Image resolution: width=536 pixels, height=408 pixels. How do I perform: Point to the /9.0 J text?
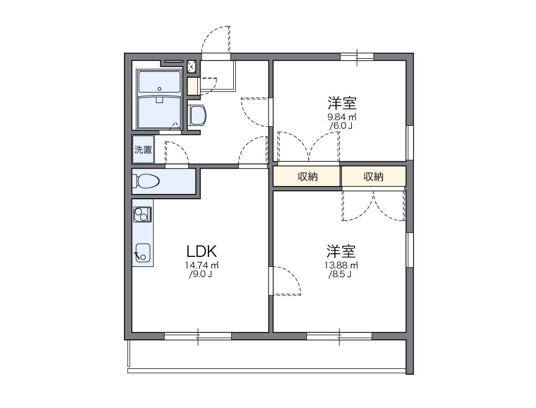(x=200, y=274)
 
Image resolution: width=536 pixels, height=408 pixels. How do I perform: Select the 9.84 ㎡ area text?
(x=342, y=117)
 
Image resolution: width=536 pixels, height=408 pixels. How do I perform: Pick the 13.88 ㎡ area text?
(x=342, y=265)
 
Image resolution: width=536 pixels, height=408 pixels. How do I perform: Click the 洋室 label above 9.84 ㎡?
(x=341, y=103)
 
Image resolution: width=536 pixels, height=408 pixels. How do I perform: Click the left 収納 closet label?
(x=307, y=177)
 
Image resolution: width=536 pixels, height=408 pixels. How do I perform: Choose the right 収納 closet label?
(x=373, y=177)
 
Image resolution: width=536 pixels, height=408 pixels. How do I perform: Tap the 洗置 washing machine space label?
(x=142, y=150)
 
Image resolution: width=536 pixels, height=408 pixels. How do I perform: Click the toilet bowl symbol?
(x=147, y=181)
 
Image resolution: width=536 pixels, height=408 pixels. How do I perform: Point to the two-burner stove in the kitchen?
(x=142, y=214)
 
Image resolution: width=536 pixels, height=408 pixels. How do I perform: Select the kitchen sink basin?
(x=142, y=253)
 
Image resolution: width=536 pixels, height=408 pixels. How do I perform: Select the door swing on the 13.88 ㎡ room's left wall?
(x=285, y=280)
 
